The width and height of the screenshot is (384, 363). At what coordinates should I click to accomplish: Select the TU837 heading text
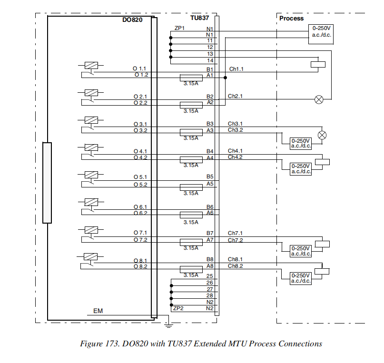tap(200, 18)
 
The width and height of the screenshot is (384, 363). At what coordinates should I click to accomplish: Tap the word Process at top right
tap(291, 19)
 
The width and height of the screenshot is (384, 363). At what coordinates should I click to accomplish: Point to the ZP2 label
tap(178, 308)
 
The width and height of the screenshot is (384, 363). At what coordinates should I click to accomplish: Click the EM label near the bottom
tap(98, 311)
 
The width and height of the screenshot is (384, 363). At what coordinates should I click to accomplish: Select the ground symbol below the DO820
tap(167, 325)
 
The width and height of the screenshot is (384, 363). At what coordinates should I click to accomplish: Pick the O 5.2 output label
tap(140, 184)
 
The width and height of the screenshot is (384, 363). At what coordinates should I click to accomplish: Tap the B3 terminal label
tap(210, 124)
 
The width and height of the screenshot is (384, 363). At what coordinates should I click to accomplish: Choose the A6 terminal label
tap(210, 213)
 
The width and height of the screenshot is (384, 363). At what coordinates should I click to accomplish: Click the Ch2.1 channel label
tap(235, 96)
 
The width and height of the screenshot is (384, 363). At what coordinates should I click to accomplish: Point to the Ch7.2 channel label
tap(235, 240)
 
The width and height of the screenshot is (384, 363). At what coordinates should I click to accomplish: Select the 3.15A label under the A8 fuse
tap(191, 275)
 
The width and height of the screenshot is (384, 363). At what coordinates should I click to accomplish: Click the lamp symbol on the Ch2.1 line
tap(319, 99)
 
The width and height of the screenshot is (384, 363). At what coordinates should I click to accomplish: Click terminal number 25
tap(210, 276)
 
